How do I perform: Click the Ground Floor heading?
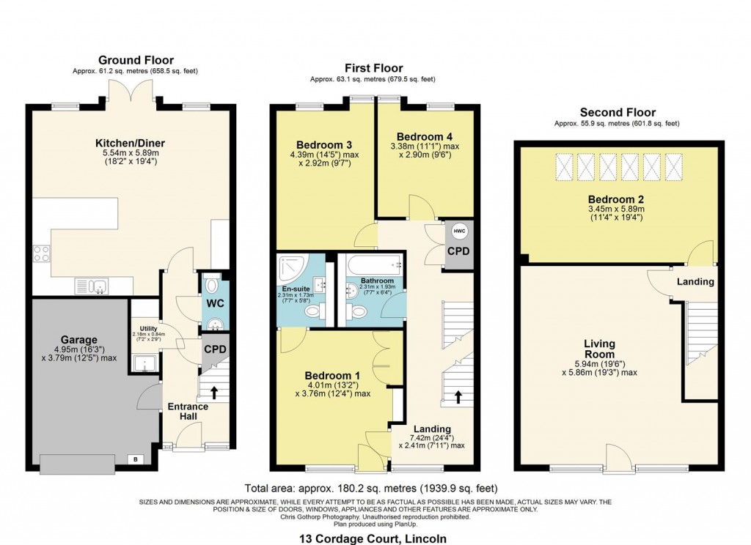[x=136, y=60]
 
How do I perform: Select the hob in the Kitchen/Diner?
[x=41, y=253]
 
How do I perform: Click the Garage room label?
[x=79, y=340]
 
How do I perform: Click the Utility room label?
[x=144, y=329]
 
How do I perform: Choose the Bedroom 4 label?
[x=420, y=137]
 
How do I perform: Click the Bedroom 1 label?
[x=329, y=377]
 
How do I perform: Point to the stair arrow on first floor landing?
[x=458, y=396]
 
